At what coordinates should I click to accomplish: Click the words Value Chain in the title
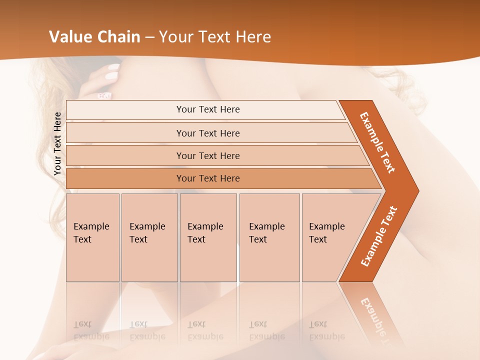94,37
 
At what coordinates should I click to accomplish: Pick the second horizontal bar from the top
208,133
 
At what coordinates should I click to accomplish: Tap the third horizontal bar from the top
208,155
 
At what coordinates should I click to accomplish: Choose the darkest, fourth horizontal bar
208,178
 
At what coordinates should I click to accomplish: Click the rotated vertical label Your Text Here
57,143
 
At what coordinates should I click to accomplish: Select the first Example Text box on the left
92,237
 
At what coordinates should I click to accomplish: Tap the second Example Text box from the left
149,237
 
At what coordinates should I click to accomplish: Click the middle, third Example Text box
208,237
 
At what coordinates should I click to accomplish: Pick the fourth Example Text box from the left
269,237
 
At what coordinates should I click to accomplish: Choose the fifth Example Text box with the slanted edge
330,237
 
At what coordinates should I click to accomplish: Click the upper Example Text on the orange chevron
378,142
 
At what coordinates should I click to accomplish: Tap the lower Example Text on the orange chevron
379,236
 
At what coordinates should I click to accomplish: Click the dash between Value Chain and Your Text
149,37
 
